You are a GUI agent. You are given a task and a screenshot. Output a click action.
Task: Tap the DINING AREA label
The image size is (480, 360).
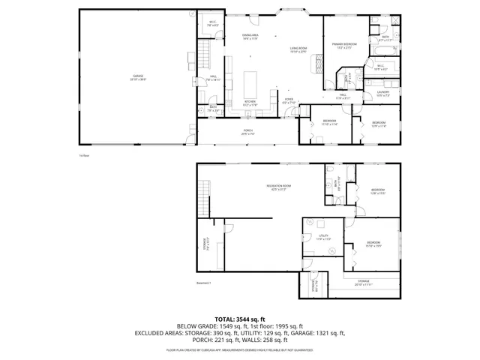pos(250,36)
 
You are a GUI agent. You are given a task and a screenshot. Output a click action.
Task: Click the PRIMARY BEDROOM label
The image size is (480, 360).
pos(345,46)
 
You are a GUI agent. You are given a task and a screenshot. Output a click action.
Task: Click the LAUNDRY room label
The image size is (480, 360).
pos(383,93)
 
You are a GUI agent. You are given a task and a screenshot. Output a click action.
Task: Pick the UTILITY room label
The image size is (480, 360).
pos(323,237)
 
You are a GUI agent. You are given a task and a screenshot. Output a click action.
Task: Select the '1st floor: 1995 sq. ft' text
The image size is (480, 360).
pos(281,326)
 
